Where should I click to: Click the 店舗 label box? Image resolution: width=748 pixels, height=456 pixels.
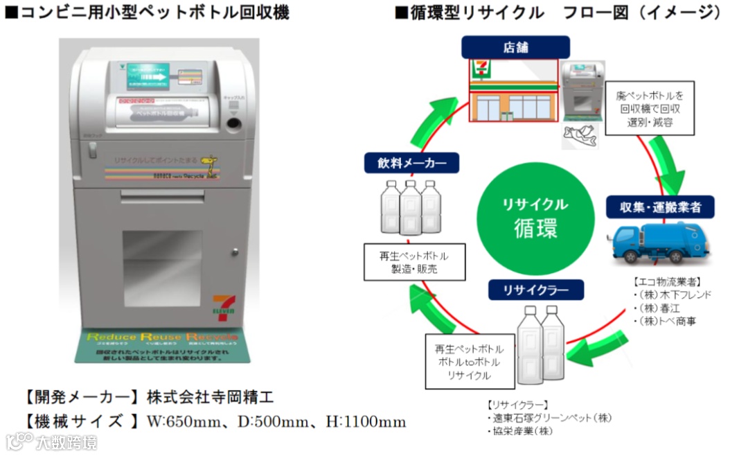point(516,47)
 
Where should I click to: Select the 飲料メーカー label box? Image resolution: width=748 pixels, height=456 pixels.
point(411,164)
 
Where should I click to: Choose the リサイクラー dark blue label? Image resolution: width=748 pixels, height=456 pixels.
point(536,289)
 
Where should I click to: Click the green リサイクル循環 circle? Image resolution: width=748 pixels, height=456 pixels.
point(535,217)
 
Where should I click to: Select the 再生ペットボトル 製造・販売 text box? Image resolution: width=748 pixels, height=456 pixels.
point(414,261)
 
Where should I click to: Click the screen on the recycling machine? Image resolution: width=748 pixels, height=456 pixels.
point(148,78)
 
